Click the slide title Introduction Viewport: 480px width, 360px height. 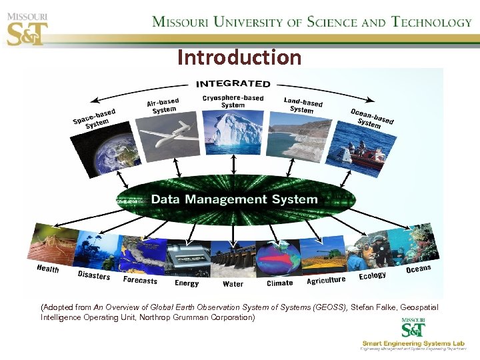pyautogui.click(x=239, y=58)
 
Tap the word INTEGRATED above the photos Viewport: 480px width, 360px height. pyautogui.click(x=233, y=83)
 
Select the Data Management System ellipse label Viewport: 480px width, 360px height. pyautogui.click(x=234, y=199)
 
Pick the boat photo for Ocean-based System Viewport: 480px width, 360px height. pyautogui.click(x=361, y=150)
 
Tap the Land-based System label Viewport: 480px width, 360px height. pyautogui.click(x=303, y=105)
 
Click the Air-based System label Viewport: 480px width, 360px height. pyautogui.click(x=163, y=106)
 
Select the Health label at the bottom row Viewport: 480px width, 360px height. pyautogui.click(x=48, y=269)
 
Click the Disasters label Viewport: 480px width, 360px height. pyautogui.click(x=94, y=275)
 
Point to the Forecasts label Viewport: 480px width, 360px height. pyautogui.click(x=140, y=281)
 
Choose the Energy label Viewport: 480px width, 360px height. pyautogui.click(x=187, y=283)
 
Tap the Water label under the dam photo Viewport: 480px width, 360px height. pyautogui.click(x=233, y=284)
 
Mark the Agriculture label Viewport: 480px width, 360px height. pyautogui.click(x=326, y=281)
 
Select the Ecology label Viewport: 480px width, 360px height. pyautogui.click(x=372, y=275)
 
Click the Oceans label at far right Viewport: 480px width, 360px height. pyautogui.click(x=418, y=269)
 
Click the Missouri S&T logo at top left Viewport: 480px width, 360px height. pyautogui.click(x=27, y=25)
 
